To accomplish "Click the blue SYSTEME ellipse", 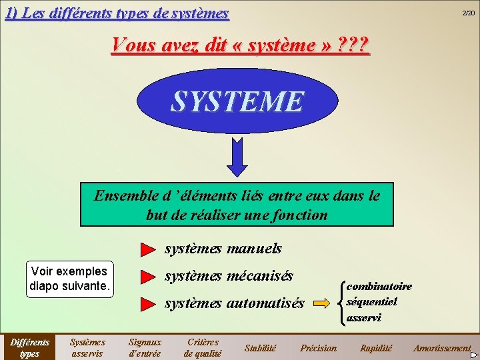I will coord(237,101).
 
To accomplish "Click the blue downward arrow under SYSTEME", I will coord(236,157).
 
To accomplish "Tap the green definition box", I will coord(237,205).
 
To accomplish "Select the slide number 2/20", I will coord(469,13).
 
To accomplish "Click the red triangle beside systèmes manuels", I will coord(147,250).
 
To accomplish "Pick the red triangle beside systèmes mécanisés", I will coord(147,276).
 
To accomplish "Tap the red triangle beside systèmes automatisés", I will coord(147,304).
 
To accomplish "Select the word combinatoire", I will coord(379,286).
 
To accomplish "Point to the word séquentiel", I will coord(371,301).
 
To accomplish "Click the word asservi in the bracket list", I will coord(363,317).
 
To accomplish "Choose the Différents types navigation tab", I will coord(29,347).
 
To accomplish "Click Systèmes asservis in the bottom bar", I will coord(87,347).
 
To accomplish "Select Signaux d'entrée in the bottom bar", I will coord(145,347).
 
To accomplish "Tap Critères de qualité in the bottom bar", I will coord(202,347).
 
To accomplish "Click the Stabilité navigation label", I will coord(260,348).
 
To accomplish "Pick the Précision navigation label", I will coord(318,348).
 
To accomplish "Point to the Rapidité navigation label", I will coord(376,348).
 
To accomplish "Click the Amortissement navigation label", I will coord(441,348).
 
